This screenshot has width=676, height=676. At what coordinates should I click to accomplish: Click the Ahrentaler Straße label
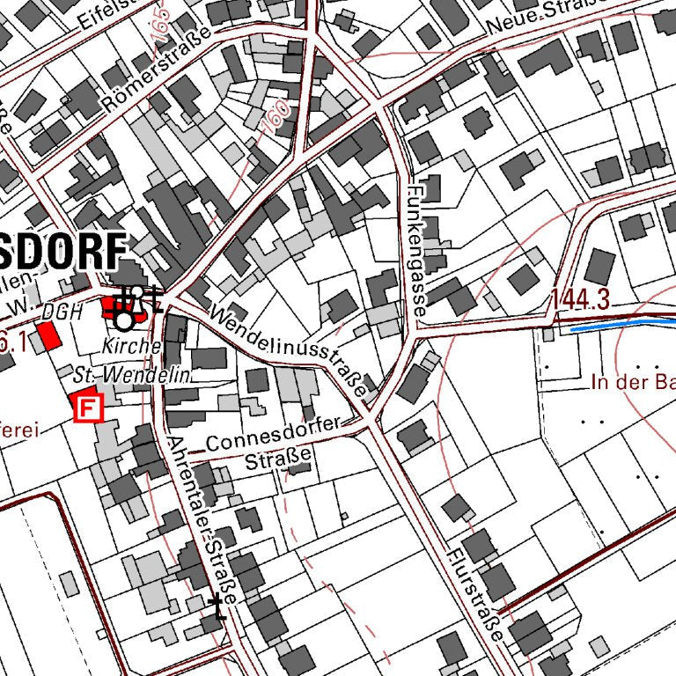coord(203,519)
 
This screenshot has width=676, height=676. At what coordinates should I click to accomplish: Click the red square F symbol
coord(87,408)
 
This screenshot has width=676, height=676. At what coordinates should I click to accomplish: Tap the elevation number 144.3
coord(581,299)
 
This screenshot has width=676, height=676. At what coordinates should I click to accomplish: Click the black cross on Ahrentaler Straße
coord(217,606)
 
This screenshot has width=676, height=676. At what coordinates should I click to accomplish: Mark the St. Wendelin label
coord(132,375)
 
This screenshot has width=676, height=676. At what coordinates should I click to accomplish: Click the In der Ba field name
coord(632,382)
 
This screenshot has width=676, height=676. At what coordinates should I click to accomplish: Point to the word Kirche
coord(129,343)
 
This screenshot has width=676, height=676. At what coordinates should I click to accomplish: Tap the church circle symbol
coord(124,322)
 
